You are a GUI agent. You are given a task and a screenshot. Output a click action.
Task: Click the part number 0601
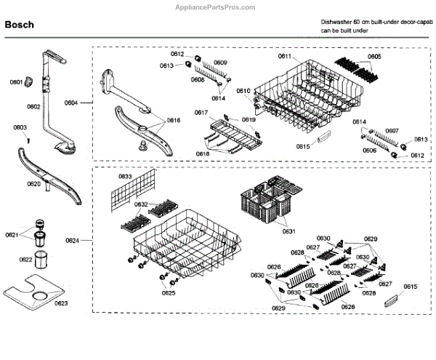click(15, 82)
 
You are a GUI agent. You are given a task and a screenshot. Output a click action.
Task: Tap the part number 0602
click(33, 106)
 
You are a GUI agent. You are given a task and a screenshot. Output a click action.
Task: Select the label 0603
click(20, 128)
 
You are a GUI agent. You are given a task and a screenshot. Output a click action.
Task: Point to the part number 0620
click(33, 184)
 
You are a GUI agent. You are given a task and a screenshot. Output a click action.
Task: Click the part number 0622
click(25, 260)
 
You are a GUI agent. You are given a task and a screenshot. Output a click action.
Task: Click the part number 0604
click(70, 104)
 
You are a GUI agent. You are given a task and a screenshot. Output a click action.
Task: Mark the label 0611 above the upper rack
click(284, 56)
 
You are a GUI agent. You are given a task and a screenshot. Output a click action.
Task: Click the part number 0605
click(374, 56)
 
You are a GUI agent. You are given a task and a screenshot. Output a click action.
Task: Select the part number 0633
click(125, 177)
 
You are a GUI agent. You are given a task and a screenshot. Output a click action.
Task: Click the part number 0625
click(169, 292)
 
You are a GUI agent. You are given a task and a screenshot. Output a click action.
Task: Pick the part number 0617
click(201, 112)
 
